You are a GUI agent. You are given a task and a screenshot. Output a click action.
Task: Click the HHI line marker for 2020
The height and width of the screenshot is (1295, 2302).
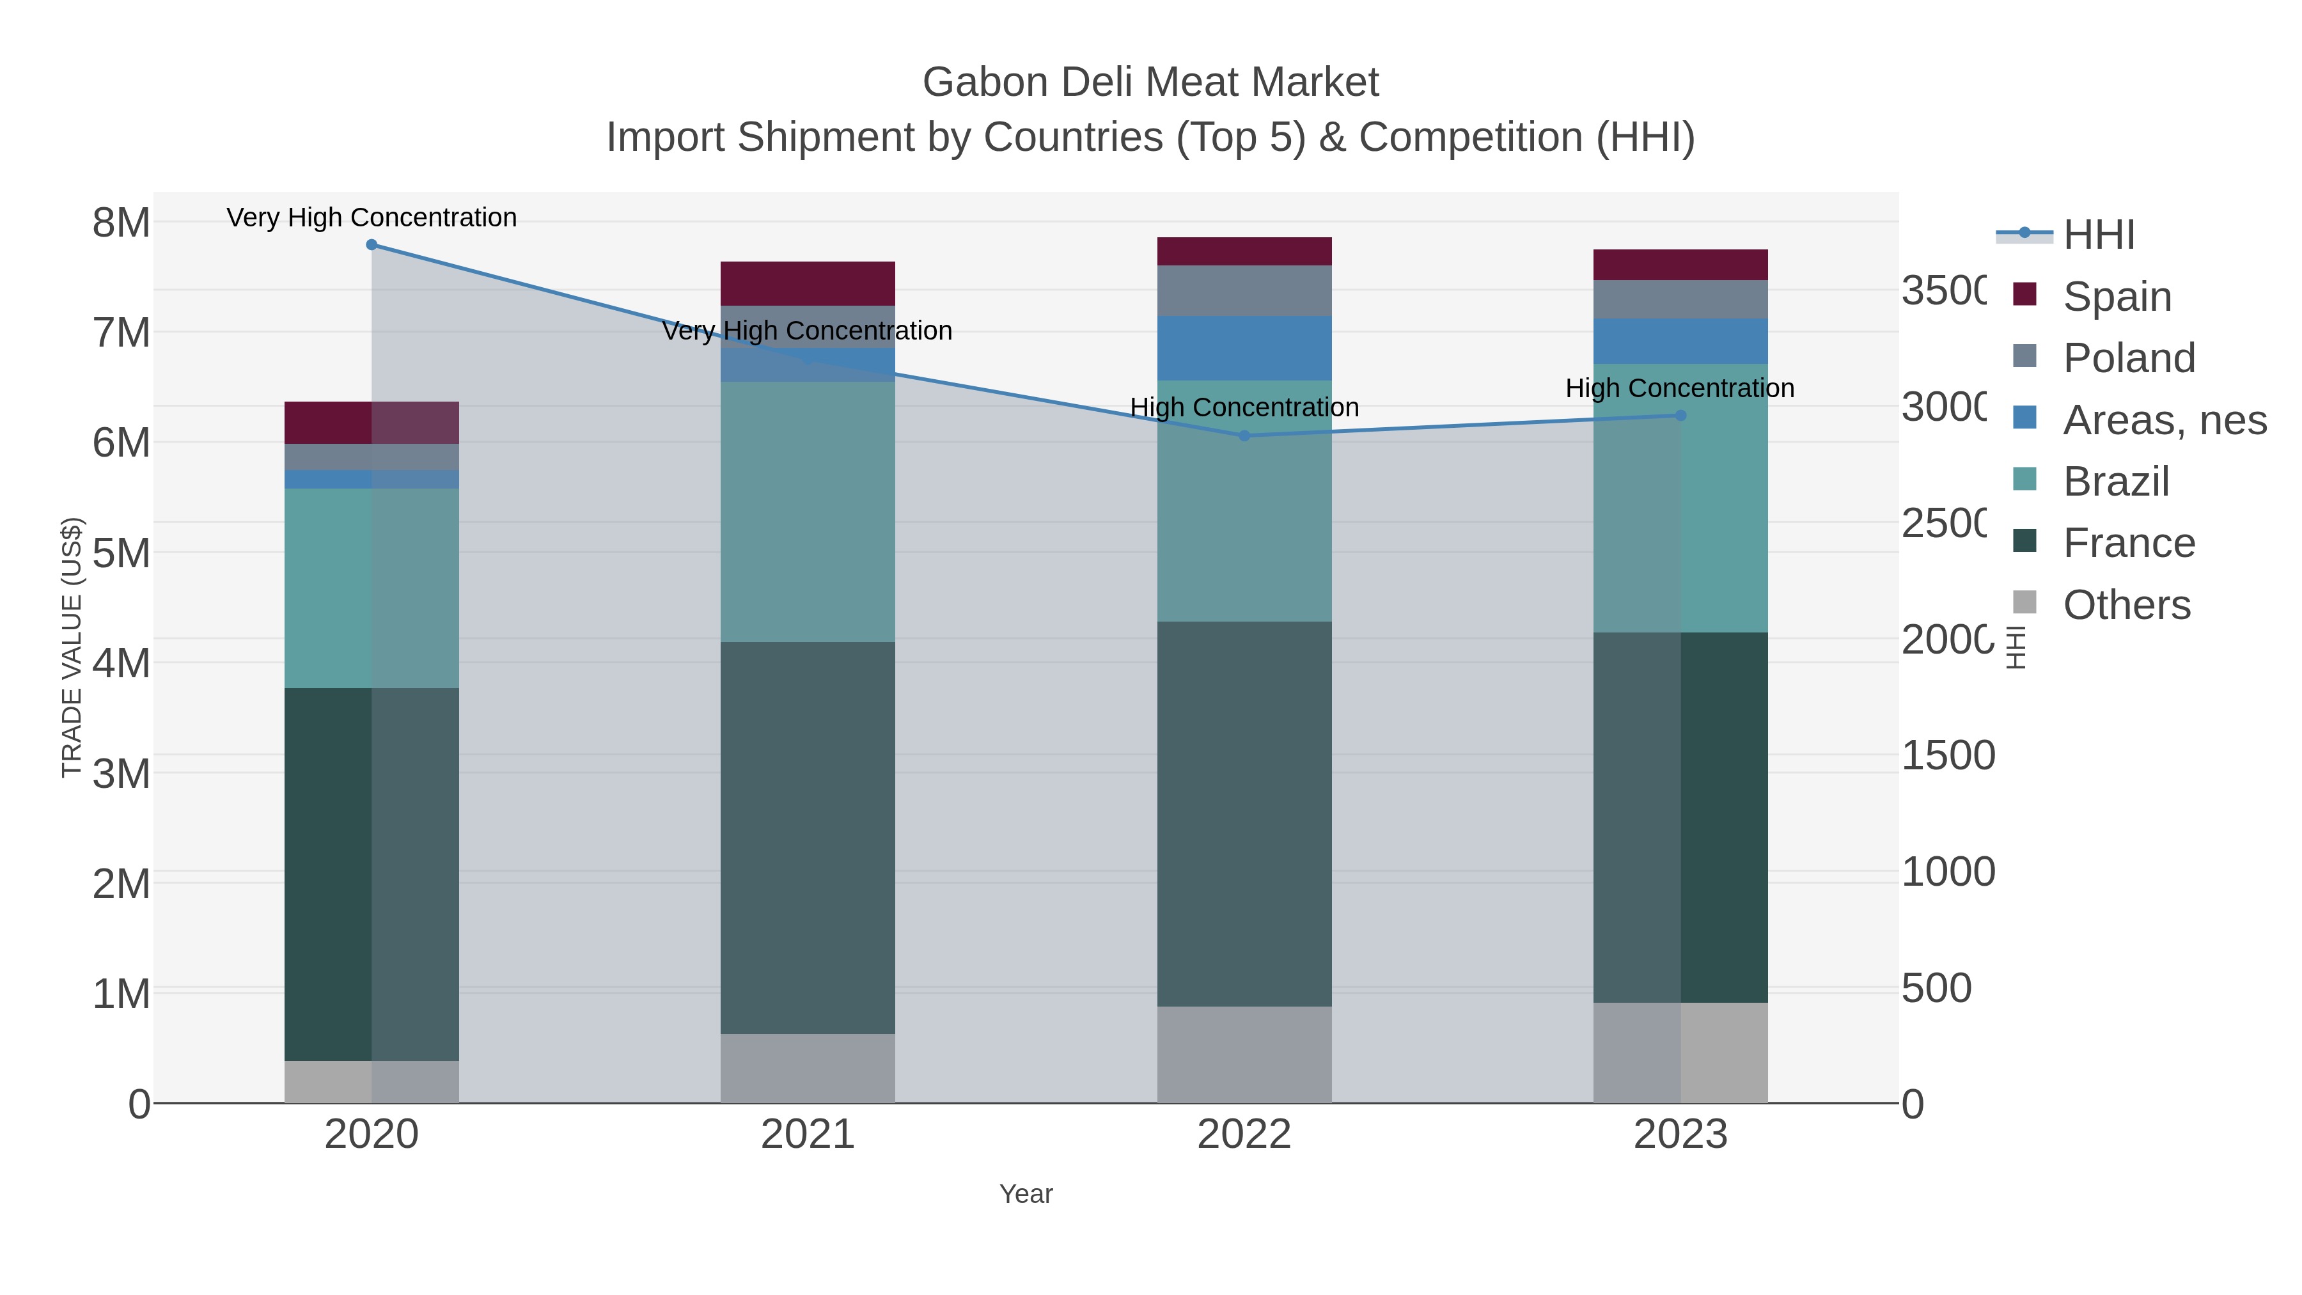372,245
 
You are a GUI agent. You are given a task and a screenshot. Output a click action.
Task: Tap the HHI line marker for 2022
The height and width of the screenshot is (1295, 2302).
1244,436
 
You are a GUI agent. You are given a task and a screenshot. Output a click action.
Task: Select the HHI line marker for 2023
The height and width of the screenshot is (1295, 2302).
1680,416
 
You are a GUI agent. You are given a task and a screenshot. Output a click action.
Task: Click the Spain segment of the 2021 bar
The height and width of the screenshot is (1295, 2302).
807,284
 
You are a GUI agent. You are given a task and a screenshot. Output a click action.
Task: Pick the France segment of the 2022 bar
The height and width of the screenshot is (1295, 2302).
1244,813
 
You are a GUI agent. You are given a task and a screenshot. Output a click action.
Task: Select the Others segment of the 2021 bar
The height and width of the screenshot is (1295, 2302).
807,1068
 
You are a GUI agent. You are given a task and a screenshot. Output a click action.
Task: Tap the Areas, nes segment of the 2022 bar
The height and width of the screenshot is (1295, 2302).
1244,349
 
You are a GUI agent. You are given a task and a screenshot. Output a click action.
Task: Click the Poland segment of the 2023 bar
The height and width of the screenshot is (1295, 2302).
1680,299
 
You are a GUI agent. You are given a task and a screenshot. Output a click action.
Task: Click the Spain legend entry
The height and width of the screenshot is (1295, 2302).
2116,296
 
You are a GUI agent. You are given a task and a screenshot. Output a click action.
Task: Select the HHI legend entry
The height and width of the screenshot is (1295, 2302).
2098,235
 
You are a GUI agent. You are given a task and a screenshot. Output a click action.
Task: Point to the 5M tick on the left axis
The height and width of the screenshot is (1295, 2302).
121,553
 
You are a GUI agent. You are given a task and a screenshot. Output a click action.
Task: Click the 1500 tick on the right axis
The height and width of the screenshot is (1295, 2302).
1947,756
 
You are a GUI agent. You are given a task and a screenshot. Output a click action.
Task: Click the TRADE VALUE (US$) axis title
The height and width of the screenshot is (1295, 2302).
72,647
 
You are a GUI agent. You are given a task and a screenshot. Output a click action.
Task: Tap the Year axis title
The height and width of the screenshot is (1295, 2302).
1026,1194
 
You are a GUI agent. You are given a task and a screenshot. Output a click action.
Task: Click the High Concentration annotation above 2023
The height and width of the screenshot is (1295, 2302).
1679,389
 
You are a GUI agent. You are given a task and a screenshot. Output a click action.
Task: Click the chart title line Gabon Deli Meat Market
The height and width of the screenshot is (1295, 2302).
1150,82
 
